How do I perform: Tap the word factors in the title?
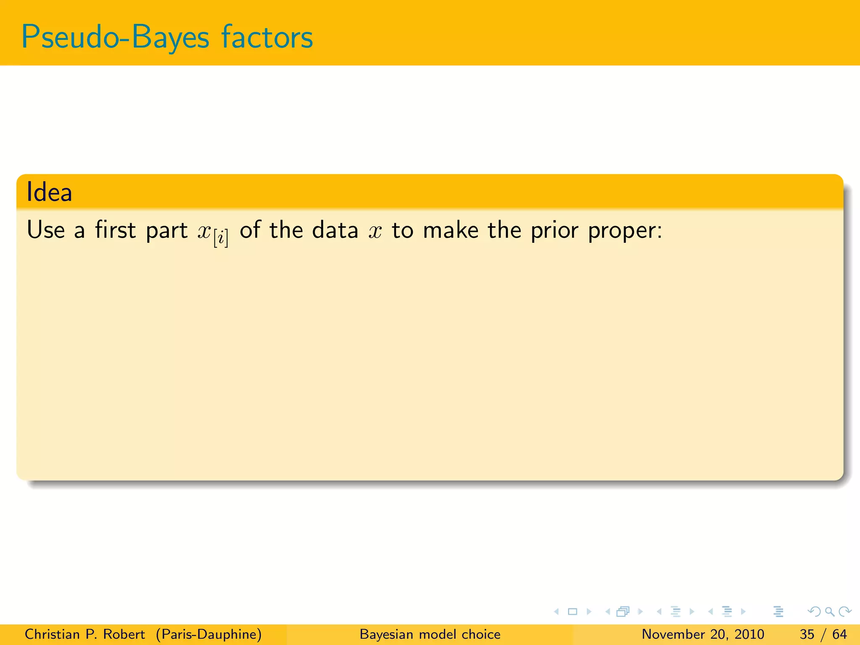click(267, 37)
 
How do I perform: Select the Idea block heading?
click(50, 192)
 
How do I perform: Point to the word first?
click(115, 230)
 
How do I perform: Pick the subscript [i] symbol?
click(221, 239)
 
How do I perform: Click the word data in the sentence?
click(335, 230)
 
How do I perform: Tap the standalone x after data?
click(375, 231)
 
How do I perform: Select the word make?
click(451, 230)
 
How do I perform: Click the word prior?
click(555, 231)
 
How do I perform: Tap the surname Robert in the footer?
click(124, 634)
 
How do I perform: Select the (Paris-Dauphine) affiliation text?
click(209, 634)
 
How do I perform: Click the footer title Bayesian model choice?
click(430, 634)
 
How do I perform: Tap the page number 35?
click(807, 634)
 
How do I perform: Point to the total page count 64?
click(839, 634)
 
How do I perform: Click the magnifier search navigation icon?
click(829, 611)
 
